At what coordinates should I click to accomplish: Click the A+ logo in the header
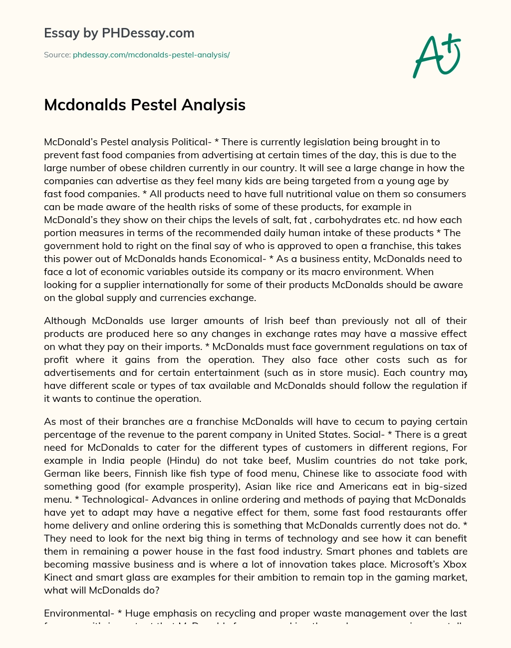(x=437, y=56)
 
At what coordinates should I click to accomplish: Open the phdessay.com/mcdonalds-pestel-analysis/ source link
(x=151, y=55)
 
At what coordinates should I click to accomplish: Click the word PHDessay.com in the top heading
(x=148, y=33)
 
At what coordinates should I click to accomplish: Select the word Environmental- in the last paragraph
(x=76, y=613)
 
